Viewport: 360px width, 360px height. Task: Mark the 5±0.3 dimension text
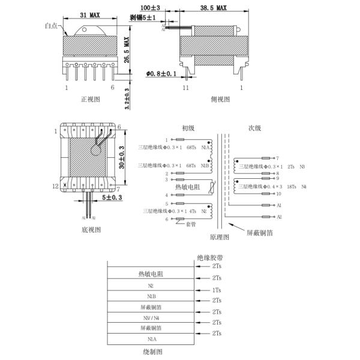[112, 197]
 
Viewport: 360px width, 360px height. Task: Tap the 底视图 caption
[91, 229]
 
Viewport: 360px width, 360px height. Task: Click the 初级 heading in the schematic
[188, 127]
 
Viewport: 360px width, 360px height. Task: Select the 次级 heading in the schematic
[255, 127]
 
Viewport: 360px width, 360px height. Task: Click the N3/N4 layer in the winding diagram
[154, 317]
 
